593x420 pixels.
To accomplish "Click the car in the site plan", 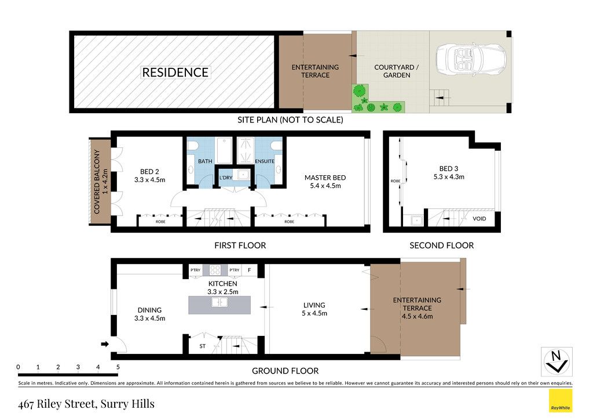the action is (x=470, y=59).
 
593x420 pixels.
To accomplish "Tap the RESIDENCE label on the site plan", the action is (x=175, y=73).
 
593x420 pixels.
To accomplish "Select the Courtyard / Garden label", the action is (x=396, y=71).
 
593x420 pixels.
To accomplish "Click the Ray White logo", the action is (x=561, y=401).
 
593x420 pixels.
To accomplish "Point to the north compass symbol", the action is (x=557, y=361).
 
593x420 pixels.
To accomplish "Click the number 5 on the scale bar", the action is (x=118, y=367).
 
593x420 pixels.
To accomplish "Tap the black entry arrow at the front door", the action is (x=105, y=344).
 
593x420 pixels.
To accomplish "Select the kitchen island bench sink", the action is (x=219, y=302).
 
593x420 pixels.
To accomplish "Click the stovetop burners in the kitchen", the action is (x=215, y=270).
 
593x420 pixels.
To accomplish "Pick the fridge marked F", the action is (x=250, y=270).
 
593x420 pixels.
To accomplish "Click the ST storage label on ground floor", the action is (x=202, y=346).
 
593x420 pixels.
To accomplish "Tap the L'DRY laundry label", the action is (x=226, y=178).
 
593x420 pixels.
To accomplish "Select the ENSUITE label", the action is (x=264, y=161).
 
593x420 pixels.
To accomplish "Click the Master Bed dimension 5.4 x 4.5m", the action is (x=325, y=186).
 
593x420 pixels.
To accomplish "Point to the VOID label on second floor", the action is (x=479, y=219).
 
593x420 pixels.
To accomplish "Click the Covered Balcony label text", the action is (x=101, y=182).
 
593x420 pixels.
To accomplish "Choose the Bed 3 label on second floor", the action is (x=449, y=169).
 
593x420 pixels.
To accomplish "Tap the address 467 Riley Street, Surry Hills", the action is (x=86, y=404).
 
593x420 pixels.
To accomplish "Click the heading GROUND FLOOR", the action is (x=285, y=371).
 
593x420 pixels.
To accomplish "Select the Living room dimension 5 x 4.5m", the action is (x=314, y=314).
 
